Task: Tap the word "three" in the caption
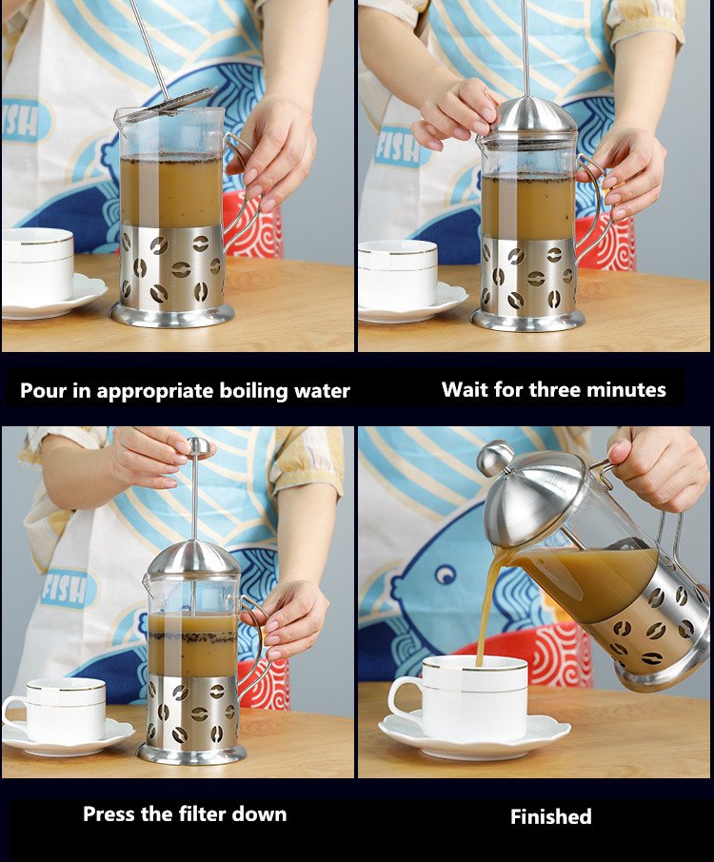[553, 389]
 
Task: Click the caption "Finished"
[550, 816]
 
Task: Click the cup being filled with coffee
[458, 697]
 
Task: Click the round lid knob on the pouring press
[495, 457]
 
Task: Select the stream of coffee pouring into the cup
[489, 605]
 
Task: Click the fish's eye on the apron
[445, 575]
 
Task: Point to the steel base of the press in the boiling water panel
[171, 315]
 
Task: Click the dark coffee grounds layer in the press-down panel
[192, 638]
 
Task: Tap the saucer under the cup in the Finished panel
[474, 736]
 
